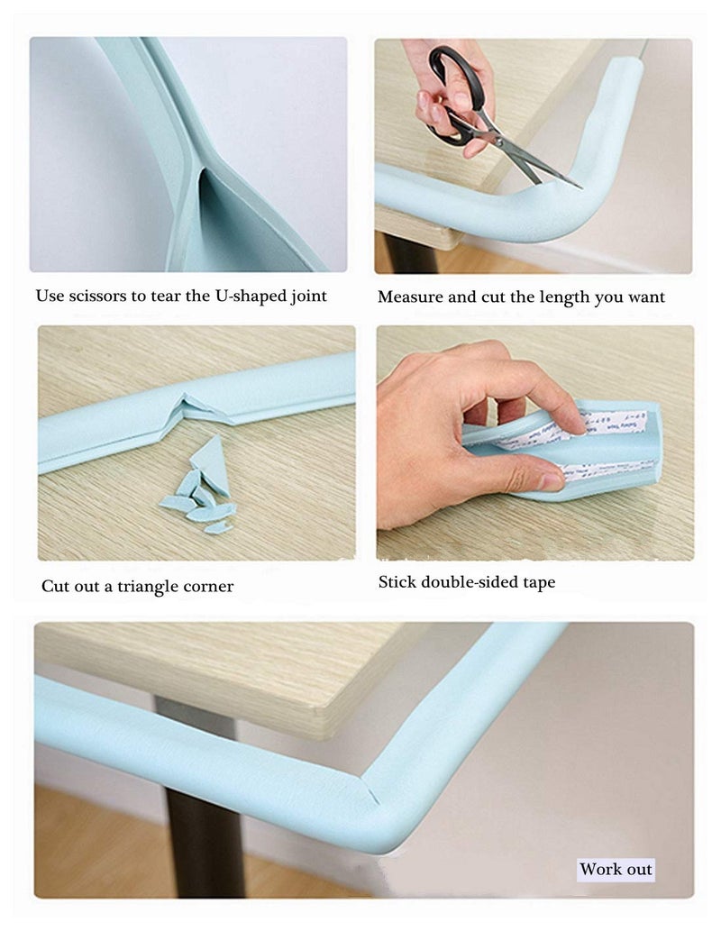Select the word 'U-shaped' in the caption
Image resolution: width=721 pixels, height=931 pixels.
(242, 296)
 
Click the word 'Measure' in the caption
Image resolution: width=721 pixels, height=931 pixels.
(410, 297)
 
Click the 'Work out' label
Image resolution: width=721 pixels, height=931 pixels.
(616, 870)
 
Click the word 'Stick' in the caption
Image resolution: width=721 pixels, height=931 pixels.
(397, 582)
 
